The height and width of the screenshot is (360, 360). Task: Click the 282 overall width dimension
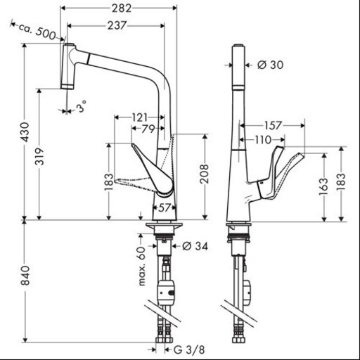(x=122, y=8)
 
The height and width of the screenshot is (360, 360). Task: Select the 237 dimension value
(x=117, y=25)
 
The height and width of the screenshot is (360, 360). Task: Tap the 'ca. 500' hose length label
(x=37, y=31)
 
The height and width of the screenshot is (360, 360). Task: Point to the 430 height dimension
(x=26, y=131)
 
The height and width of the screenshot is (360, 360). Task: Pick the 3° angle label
(x=81, y=107)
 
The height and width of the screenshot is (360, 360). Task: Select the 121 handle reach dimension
(x=139, y=117)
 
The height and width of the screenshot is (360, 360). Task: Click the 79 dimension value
(x=149, y=129)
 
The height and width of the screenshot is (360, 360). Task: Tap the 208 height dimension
(x=204, y=174)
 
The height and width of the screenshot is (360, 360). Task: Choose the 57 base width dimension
(x=164, y=207)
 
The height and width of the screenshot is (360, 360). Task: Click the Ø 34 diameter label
(x=195, y=246)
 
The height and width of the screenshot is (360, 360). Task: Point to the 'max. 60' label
(x=143, y=266)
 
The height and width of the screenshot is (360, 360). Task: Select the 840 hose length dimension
(x=25, y=276)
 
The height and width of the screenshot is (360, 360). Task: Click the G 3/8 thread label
(x=189, y=350)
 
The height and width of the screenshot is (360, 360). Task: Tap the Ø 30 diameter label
(x=270, y=65)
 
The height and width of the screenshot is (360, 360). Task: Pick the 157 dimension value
(x=273, y=126)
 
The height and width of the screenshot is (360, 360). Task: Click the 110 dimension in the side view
(x=263, y=140)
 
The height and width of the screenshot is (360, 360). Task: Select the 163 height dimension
(x=323, y=187)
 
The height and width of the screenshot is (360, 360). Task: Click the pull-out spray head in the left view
(x=67, y=66)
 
